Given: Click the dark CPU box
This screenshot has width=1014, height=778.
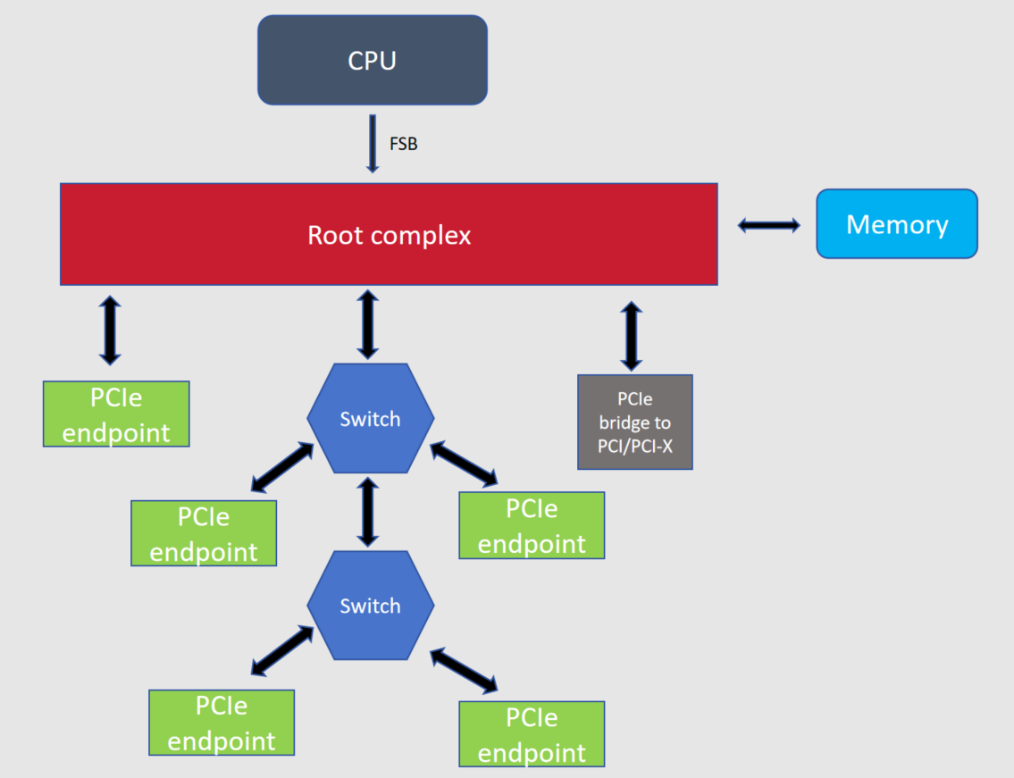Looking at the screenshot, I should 373,60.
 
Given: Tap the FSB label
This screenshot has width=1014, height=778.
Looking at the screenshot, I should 403,143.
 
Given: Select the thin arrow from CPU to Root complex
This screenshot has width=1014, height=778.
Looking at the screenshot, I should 373,143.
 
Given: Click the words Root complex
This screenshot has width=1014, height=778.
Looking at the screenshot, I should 389,235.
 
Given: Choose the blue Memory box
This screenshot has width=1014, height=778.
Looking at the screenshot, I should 897,224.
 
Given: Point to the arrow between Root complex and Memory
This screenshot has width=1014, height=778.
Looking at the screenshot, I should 768,225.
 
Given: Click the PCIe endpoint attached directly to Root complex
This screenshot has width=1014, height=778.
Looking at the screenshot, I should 116,414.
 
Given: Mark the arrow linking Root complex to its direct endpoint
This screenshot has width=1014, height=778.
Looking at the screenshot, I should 110,330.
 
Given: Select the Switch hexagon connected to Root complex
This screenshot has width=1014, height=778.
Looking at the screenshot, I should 370,418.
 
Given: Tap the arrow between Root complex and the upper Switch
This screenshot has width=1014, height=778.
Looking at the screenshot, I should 367,324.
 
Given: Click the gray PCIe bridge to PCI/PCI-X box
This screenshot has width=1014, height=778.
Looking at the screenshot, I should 635,422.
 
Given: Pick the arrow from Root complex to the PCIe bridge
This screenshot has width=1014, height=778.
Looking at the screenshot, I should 632,335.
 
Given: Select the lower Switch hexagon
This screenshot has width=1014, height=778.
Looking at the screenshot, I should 370,606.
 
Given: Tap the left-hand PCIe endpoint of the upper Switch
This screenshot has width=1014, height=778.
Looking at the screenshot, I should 204,533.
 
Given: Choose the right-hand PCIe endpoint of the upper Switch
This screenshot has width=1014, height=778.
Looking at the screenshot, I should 532,525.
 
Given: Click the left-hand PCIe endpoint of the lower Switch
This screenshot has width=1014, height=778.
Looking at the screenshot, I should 222,723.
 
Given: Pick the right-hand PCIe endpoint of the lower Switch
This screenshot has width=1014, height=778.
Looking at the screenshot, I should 532,734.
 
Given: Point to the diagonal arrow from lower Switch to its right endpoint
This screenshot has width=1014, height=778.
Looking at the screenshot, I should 464,670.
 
